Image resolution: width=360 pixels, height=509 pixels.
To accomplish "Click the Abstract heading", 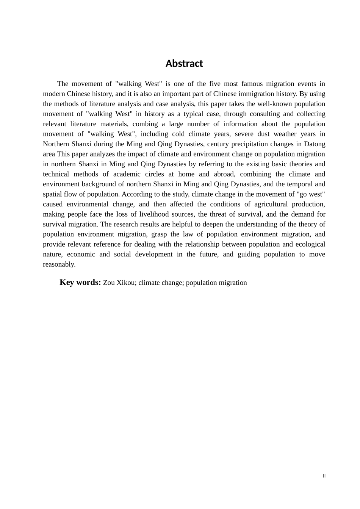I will pos(184,64).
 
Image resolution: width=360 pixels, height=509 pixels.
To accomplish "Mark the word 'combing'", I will pos(145,124).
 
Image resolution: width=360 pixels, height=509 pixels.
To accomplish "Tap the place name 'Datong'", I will pos(315,144).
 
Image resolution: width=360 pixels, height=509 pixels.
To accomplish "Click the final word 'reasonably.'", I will pos(59,264).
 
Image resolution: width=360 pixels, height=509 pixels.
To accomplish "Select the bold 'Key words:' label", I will pos(80,283).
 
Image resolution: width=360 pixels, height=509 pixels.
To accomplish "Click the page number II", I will pos(324,476).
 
